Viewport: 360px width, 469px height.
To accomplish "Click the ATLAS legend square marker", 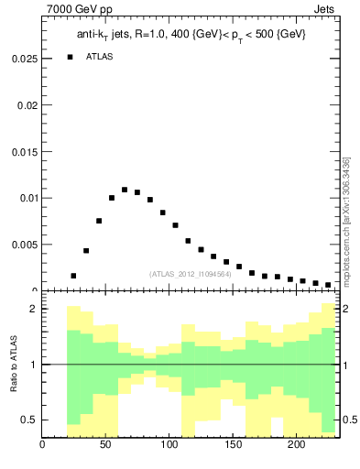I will pos(70,57).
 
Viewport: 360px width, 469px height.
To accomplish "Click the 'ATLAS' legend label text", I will pos(100,57).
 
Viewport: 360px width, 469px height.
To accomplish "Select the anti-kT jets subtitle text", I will pos(191,34).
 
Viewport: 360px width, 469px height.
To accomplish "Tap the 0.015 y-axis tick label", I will pos(23,151).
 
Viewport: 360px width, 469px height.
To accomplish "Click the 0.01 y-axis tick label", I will pos(26,198).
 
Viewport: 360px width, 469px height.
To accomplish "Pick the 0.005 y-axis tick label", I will pos(23,245).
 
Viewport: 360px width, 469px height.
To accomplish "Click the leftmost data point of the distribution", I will pos(73,276).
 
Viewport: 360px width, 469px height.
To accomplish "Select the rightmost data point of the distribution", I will pos(328,285).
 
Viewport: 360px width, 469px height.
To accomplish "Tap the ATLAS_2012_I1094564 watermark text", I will pos(189,273).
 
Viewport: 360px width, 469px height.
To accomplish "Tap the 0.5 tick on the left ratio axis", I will pos(29,420).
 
